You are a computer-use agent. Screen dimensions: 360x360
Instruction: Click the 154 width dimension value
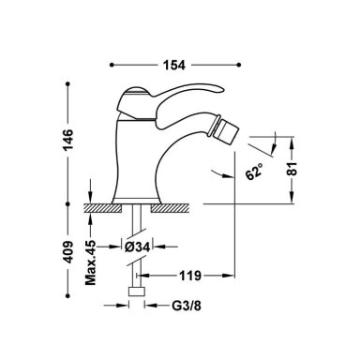[x=174, y=65]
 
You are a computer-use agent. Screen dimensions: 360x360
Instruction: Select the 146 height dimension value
[x=67, y=139]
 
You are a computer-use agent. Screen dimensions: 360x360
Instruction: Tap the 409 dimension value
[x=67, y=251]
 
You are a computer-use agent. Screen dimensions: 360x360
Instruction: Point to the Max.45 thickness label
[x=91, y=262]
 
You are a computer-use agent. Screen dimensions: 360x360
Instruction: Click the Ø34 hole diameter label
[x=138, y=247]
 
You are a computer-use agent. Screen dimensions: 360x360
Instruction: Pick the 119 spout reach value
[x=190, y=276]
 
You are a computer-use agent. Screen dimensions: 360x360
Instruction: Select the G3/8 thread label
[x=187, y=306]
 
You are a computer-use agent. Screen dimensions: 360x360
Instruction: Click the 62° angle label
[x=255, y=172]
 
